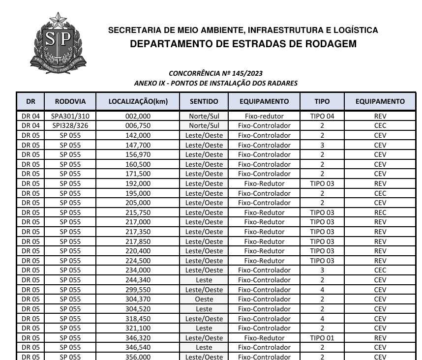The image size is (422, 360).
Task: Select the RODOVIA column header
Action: coord(70,102)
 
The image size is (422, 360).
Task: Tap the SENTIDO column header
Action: coord(204,102)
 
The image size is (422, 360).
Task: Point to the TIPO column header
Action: coord(322,102)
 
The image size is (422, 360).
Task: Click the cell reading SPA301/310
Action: coord(70,116)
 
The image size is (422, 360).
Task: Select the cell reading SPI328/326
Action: coord(70,125)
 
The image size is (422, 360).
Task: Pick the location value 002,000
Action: coord(138,116)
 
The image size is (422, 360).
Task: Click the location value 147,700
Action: coord(138,145)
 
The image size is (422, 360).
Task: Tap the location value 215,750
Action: coord(138,212)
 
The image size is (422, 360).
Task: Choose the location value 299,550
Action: coord(138,290)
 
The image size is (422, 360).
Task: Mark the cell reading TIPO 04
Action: coord(322,116)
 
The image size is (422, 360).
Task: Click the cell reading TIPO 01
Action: coord(322,338)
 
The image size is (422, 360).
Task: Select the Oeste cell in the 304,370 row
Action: coord(204,299)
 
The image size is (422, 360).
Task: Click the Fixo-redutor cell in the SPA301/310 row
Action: coord(264,116)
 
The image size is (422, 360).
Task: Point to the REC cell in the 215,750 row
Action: coord(380,212)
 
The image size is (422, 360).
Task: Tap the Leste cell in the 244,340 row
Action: coord(204,280)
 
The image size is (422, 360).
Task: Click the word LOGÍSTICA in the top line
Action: coord(355,30)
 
